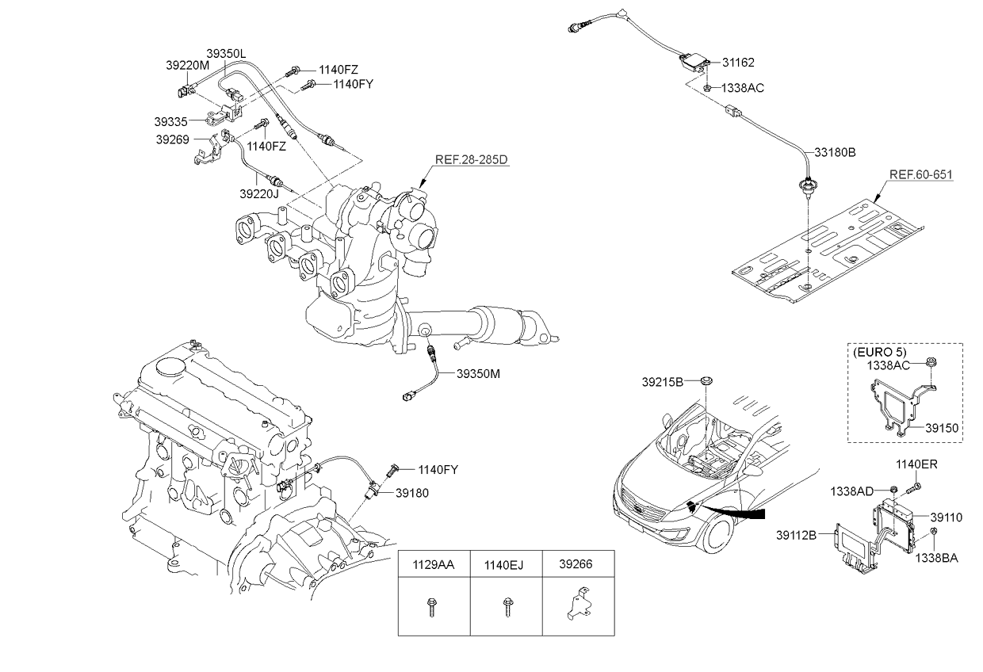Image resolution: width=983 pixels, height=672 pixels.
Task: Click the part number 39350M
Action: (x=479, y=372)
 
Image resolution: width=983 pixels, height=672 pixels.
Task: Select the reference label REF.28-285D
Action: (x=470, y=159)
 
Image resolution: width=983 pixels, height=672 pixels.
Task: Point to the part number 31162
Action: (x=738, y=62)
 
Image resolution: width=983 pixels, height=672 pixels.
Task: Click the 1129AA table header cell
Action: (x=434, y=566)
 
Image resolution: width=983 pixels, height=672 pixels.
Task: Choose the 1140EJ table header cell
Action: (x=506, y=566)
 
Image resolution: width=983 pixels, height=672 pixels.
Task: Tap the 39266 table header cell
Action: (x=578, y=566)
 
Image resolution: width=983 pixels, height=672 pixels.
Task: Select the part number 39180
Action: (x=412, y=493)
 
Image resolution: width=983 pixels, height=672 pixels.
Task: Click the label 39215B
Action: (x=663, y=381)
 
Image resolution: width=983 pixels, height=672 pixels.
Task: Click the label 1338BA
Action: (x=938, y=558)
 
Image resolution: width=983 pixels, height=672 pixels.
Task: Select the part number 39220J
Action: (x=258, y=193)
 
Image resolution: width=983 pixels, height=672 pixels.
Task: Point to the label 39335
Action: (x=170, y=122)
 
